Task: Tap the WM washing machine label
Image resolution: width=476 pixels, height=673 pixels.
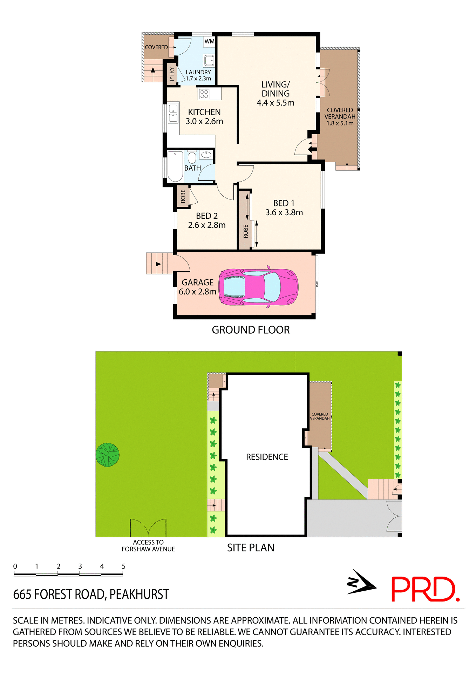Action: (209, 41)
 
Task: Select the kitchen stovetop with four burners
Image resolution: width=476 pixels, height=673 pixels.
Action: (204, 94)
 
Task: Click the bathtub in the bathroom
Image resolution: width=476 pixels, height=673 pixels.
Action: (175, 166)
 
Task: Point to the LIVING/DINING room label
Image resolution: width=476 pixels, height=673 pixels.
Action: (276, 89)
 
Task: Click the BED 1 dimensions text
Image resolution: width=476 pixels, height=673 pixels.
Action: (284, 212)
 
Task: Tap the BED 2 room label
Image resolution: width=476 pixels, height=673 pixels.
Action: (207, 216)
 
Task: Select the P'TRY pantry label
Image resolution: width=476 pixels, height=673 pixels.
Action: (171, 74)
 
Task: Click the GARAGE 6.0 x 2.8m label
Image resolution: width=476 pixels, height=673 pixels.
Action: (197, 287)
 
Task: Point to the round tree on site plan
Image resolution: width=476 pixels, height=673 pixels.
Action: (108, 455)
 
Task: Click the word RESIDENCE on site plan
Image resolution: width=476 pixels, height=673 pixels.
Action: (267, 457)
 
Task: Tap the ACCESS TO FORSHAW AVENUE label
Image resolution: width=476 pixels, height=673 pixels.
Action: (148, 546)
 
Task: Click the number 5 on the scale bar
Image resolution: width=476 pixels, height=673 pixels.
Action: (123, 566)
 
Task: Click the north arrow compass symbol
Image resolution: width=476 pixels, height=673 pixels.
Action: (361, 583)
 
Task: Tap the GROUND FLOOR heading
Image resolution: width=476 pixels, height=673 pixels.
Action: (251, 330)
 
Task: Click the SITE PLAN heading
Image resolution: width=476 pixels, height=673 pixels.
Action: (251, 548)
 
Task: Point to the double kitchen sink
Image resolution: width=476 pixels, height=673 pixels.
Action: (173, 113)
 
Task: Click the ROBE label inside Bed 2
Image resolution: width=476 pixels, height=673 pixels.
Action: (183, 196)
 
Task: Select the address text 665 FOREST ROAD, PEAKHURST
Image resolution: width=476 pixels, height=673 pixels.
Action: (91, 594)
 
